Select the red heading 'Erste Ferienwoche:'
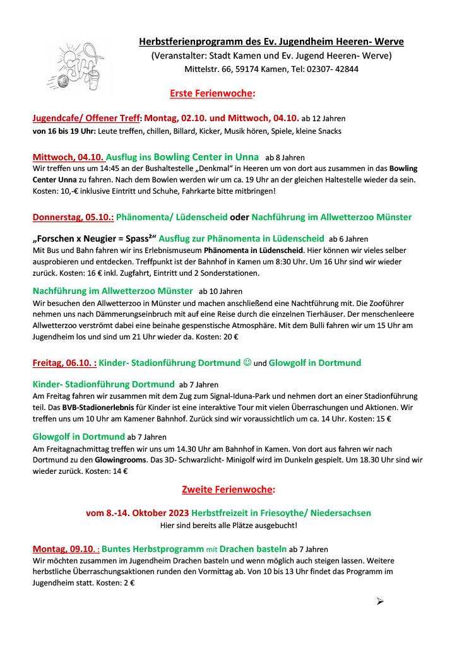tap(212, 93)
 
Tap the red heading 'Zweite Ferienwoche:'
tap(228, 489)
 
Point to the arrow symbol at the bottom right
tap(380, 601)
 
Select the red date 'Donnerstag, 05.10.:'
tap(73, 218)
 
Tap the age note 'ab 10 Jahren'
tap(220, 291)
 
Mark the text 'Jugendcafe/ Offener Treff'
tap(86, 118)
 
